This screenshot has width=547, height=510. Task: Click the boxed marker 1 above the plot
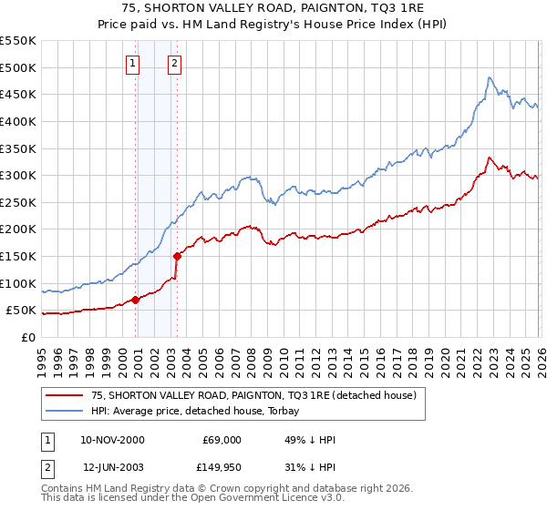[x=133, y=63]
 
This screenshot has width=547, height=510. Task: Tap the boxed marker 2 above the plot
[x=174, y=63]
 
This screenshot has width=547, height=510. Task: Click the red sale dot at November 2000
[x=136, y=300]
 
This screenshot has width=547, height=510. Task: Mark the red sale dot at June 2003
[x=177, y=256]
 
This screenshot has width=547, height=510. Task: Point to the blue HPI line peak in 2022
[x=490, y=77]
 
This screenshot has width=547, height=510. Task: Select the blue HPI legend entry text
[x=201, y=411]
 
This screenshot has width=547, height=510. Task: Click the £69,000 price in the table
[x=222, y=440]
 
